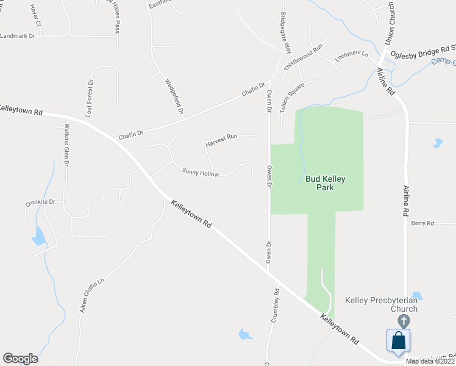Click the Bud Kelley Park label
click(326, 183)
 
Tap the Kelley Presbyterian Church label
click(381, 304)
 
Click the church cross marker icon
click(402, 320)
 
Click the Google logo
click(20, 359)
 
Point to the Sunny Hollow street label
click(201, 173)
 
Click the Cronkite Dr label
click(41, 201)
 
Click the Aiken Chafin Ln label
click(93, 295)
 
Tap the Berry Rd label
click(422, 223)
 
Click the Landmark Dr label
click(18, 36)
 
